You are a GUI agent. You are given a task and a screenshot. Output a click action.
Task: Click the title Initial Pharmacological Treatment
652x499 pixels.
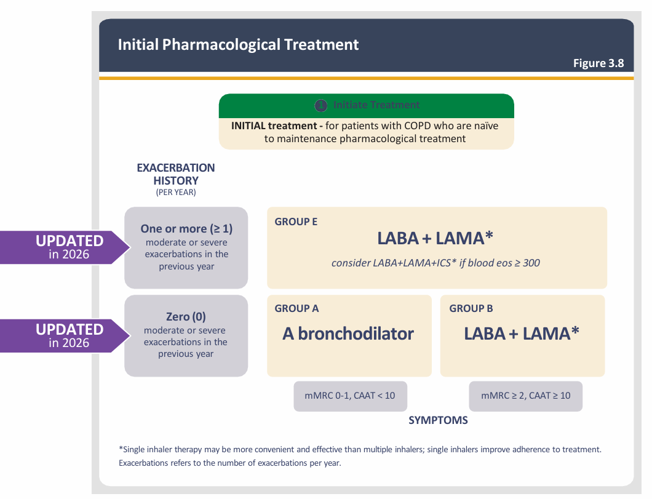tap(238, 45)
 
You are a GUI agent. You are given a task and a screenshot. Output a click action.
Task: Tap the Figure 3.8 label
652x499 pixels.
tap(598, 63)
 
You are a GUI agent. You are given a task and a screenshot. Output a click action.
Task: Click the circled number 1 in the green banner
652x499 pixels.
tap(320, 105)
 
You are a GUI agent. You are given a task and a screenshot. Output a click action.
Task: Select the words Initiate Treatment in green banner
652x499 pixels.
tap(376, 105)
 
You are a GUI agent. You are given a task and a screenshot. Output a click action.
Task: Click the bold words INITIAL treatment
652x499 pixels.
tap(276, 126)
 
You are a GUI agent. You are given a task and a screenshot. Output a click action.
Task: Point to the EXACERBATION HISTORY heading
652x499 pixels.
tap(176, 174)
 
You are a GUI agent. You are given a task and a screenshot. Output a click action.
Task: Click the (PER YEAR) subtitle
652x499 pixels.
tap(176, 193)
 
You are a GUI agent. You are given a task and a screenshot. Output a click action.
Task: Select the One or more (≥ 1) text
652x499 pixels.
tap(186, 229)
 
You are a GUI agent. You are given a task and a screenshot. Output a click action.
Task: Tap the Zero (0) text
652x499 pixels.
tap(186, 317)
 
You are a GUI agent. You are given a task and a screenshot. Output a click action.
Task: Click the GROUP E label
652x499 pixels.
tap(296, 222)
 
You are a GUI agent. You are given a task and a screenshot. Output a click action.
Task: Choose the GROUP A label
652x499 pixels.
tap(296, 309)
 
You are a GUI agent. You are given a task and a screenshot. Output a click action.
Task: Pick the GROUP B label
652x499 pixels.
tap(471, 309)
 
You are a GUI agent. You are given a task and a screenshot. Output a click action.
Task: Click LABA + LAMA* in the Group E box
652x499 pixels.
tap(436, 239)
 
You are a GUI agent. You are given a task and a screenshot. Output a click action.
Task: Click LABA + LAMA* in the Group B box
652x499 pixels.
tap(522, 333)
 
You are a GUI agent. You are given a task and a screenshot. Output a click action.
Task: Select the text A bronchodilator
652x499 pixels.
tap(348, 333)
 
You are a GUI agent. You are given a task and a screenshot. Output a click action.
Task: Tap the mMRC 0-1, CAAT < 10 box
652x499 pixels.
tap(350, 396)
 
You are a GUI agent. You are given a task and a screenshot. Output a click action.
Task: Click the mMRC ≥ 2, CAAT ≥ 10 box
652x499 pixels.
tap(525, 396)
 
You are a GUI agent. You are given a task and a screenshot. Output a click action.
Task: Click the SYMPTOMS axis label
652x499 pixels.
tap(438, 421)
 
